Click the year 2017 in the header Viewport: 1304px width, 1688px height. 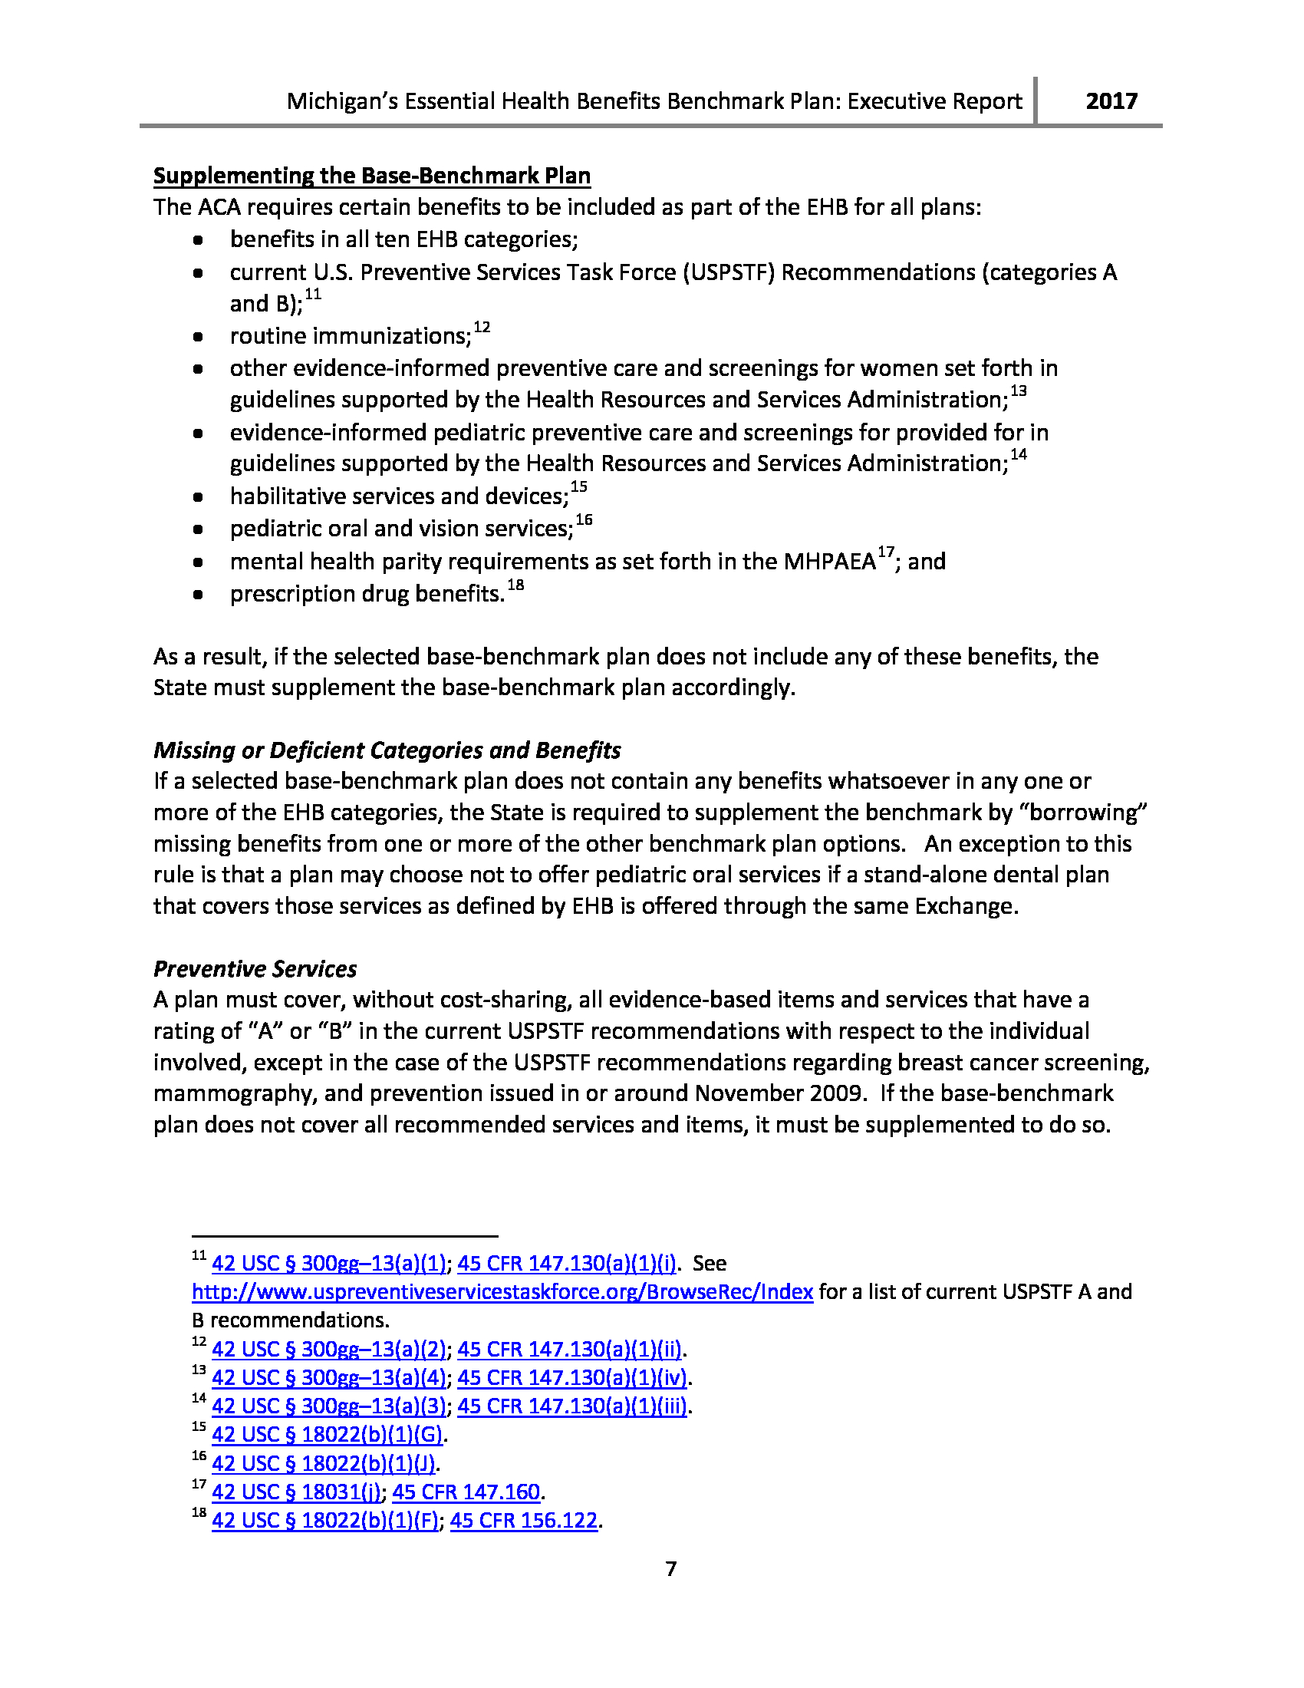point(1111,101)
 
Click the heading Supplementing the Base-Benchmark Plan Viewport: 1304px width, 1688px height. point(371,176)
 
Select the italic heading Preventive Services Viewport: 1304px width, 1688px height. point(255,969)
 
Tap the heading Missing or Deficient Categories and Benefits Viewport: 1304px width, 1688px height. point(387,750)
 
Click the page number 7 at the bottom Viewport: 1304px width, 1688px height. point(670,1568)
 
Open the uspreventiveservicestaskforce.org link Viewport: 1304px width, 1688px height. point(502,1292)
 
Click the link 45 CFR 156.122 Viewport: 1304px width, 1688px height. point(524,1521)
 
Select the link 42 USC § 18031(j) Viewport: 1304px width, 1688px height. point(297,1492)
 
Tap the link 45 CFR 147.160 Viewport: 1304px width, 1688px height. point(466,1492)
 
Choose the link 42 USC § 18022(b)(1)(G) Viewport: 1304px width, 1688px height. point(328,1435)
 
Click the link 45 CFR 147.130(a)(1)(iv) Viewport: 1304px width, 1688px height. point(571,1377)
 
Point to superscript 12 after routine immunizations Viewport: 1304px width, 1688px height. point(482,328)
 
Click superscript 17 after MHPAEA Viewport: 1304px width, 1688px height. point(885,552)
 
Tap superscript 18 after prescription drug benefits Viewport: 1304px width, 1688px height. point(515,585)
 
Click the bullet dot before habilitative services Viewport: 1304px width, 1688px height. point(199,497)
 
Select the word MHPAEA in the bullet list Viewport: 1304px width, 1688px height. point(830,562)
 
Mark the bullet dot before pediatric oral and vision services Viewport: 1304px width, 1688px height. point(199,529)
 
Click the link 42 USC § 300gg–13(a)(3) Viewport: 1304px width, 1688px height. point(329,1406)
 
